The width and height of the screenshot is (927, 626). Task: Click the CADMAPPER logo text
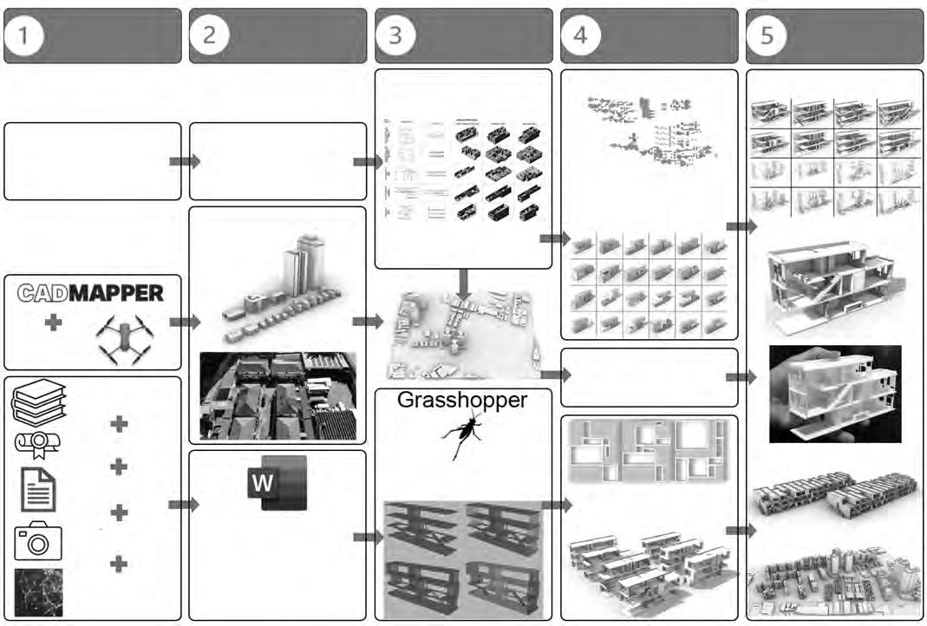pos(91,293)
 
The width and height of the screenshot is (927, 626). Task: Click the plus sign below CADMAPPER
pos(54,323)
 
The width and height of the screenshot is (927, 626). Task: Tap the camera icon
pos(38,541)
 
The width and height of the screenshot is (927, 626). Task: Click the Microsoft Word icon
pos(277,483)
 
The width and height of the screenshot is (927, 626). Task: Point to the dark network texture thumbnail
pos(38,592)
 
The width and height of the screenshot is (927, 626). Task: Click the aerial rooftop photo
pos(277,395)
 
